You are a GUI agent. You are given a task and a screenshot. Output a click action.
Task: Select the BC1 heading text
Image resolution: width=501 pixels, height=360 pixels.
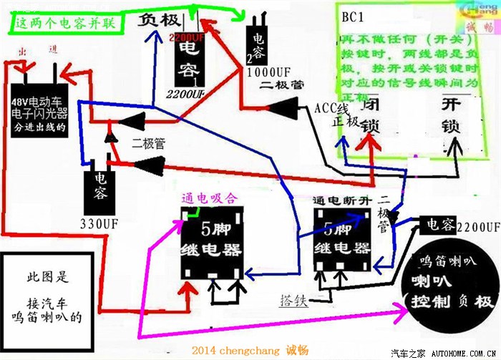click(352, 16)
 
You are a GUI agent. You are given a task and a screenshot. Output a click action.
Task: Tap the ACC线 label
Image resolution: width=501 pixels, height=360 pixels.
click(331, 108)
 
